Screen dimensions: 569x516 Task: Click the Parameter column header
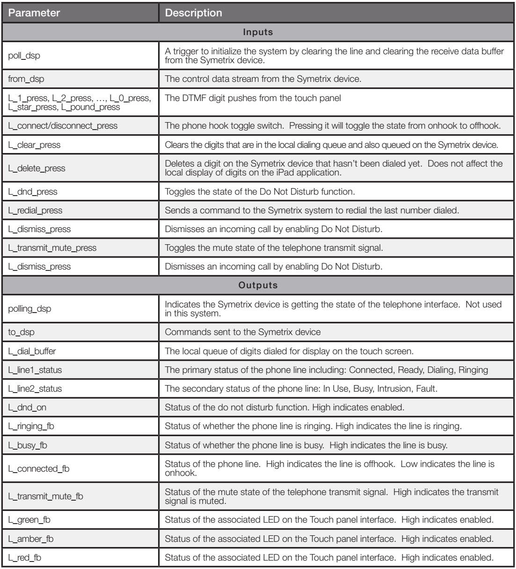pyautogui.click(x=34, y=13)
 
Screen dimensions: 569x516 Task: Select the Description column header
pyautogui.click(x=193, y=13)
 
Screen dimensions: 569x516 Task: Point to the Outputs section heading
pyautogui.click(x=258, y=284)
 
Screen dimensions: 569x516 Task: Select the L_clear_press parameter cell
pyautogui.click(x=35, y=145)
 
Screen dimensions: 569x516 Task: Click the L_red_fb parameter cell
pyautogui.click(x=27, y=557)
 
